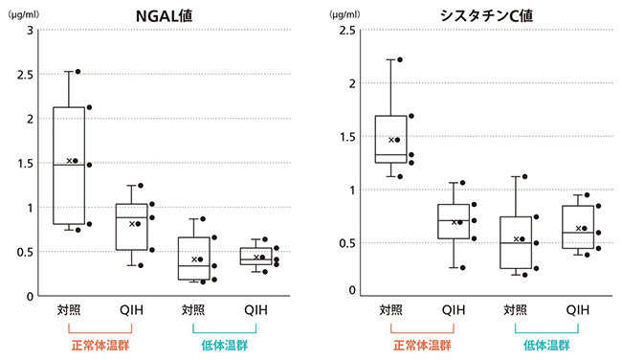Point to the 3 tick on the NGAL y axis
29,30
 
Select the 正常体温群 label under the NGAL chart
98,345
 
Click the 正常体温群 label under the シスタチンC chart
421,345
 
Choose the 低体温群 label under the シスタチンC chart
546,345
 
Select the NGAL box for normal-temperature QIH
131,227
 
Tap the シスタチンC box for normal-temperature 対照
390,139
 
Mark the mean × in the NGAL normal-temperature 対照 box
69,161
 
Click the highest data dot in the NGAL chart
78,71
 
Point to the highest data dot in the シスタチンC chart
400,59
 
